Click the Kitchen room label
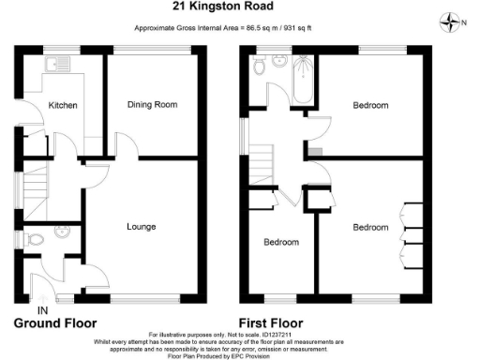(63, 105)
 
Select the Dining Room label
(152, 105)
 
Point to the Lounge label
(141, 227)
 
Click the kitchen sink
(64, 67)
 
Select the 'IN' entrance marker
(41, 310)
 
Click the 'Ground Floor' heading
(56, 323)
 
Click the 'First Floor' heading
(279, 323)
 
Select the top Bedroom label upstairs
(370, 106)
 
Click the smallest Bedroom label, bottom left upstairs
(280, 242)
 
